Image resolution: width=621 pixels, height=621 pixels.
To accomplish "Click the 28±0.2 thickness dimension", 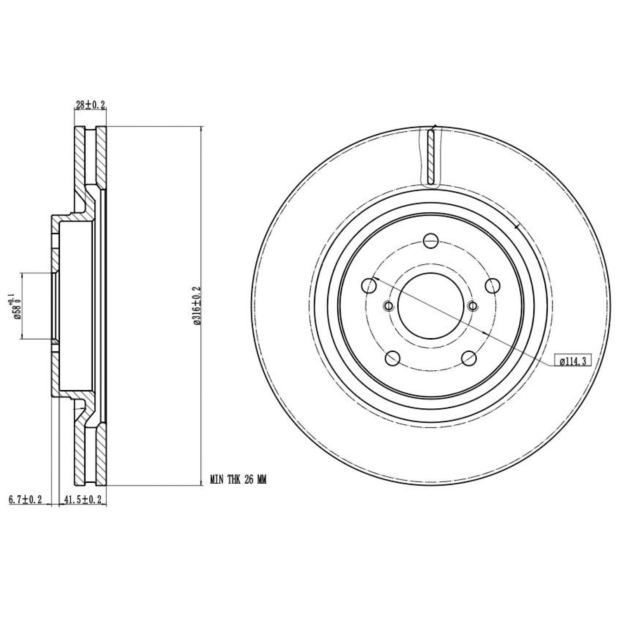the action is click(x=90, y=105).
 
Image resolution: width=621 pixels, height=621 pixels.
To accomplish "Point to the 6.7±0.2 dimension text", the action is click(x=24, y=500).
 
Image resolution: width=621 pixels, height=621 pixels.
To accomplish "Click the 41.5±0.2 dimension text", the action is click(x=82, y=500).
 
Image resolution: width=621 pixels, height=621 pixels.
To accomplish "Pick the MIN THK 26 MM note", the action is click(x=238, y=480).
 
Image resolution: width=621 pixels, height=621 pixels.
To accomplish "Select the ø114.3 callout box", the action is click(x=572, y=361).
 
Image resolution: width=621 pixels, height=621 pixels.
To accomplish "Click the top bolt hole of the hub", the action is click(x=431, y=241).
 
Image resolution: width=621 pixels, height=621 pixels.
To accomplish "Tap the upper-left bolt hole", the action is click(x=369, y=286).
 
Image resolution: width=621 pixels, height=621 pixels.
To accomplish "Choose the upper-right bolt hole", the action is click(x=493, y=286).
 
